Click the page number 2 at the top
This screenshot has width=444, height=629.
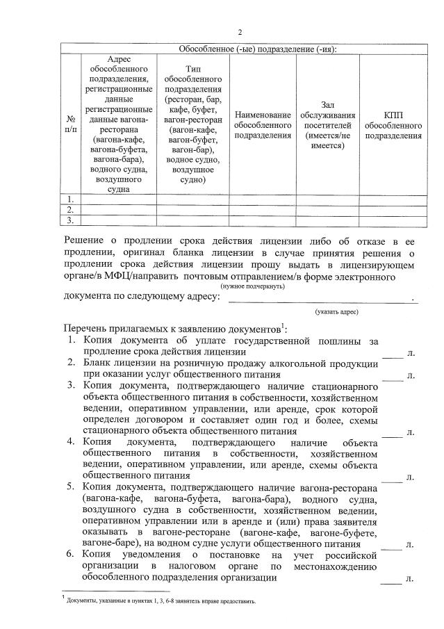pos(240,32)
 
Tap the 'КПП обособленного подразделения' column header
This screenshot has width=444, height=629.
pos(393,124)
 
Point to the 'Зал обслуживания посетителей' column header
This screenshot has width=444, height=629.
pos(327,124)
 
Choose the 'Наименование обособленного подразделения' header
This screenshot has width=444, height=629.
pos(263,124)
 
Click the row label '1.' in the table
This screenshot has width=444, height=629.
pos(70,199)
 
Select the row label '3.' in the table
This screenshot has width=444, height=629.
pos(70,220)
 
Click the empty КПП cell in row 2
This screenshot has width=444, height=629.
pos(393,209)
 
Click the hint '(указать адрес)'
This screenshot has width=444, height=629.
pos(336,312)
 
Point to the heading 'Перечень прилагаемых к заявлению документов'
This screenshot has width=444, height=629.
pos(174,327)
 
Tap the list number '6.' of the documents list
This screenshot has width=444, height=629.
pos(72,555)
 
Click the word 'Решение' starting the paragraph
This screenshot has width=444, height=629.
pos(83,240)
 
